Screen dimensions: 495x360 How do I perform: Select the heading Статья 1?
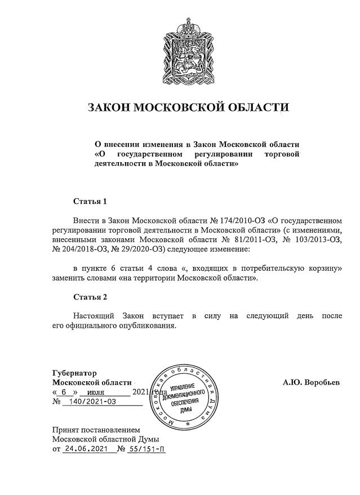pos(90,201)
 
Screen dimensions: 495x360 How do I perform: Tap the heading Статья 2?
pos(90,297)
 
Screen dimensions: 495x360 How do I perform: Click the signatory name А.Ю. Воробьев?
pos(311,382)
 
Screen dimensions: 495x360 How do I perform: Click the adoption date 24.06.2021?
pos(86,449)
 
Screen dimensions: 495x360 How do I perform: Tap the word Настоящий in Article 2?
pos(94,316)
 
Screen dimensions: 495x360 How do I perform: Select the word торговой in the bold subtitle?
pos(283,154)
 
